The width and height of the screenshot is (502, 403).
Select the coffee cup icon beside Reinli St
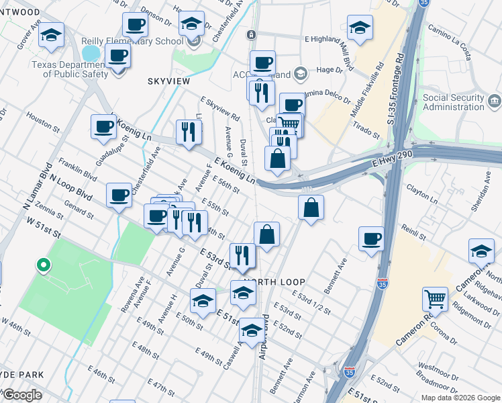(371, 239)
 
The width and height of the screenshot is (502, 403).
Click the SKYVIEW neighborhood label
(168, 81)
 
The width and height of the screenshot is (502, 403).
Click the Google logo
(22, 395)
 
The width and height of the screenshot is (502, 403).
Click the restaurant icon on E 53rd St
(242, 255)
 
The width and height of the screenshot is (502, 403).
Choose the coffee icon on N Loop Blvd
(119, 194)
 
